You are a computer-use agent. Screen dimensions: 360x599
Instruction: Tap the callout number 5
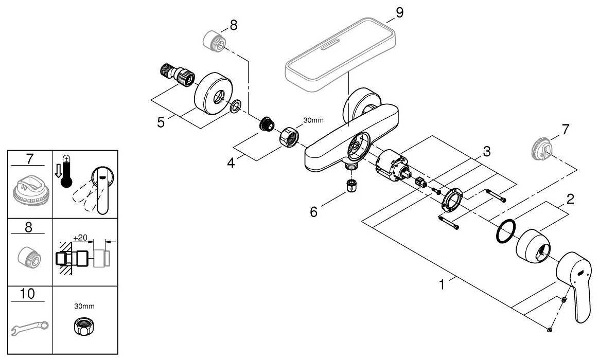click(x=162, y=123)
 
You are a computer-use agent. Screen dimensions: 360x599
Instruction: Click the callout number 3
click(x=486, y=152)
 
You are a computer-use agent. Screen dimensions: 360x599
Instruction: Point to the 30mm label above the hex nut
click(x=313, y=121)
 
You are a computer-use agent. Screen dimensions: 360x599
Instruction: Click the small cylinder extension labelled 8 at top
click(x=214, y=41)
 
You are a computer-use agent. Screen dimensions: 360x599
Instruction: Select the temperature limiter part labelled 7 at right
click(x=542, y=149)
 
